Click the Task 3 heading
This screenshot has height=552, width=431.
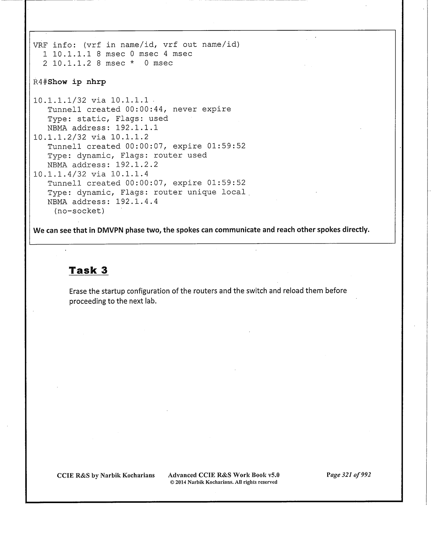click(88, 270)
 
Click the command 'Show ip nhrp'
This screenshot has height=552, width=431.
click(77, 82)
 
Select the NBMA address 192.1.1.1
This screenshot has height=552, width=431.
click(137, 128)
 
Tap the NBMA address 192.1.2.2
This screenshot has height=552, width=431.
click(137, 165)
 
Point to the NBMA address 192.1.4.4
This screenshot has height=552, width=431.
click(137, 201)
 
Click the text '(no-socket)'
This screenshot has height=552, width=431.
click(79, 211)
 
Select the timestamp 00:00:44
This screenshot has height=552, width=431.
click(144, 109)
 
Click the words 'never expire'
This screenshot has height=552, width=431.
click(202, 109)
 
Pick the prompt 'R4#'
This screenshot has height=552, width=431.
click(40, 82)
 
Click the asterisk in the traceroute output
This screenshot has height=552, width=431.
click(132, 63)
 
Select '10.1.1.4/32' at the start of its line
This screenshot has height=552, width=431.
click(60, 174)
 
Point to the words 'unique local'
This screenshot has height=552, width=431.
click(216, 192)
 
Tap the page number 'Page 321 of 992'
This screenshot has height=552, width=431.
click(348, 475)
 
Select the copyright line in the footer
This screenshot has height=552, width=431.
click(223, 482)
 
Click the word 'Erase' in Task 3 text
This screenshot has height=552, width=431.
click(77, 291)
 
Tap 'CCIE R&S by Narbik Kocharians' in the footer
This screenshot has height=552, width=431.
click(106, 475)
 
